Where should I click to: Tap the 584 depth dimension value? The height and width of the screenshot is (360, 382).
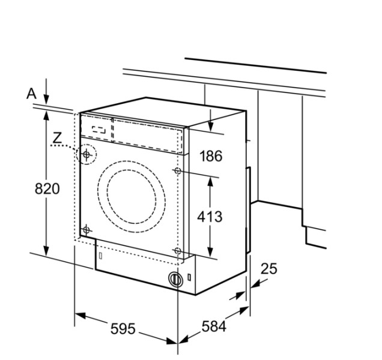pyautogui.click(x=213, y=327)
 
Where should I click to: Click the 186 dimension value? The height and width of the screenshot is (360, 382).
pyautogui.click(x=210, y=157)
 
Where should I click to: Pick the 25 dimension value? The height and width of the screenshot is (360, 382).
pyautogui.click(x=269, y=269)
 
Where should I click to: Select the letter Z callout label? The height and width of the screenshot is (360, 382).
pyautogui.click(x=57, y=139)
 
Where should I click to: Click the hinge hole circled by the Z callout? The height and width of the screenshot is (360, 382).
pyautogui.click(x=87, y=155)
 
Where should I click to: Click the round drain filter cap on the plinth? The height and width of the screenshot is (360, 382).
pyautogui.click(x=175, y=280)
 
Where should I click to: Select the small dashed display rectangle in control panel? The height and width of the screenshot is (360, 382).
pyautogui.click(x=100, y=129)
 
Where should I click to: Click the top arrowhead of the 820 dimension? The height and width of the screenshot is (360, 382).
pyautogui.click(x=46, y=114)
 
